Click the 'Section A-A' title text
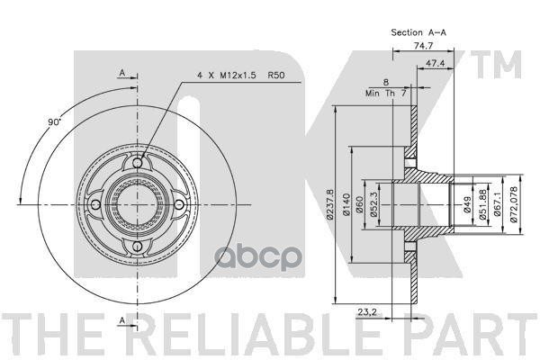(x=418, y=32)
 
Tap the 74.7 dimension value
(x=423, y=46)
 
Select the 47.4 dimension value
(x=436, y=63)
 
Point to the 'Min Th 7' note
(x=386, y=93)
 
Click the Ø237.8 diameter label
(x=330, y=204)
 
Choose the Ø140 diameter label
(x=346, y=204)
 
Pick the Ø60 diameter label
(x=359, y=204)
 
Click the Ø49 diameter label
(x=467, y=204)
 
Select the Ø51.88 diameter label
(x=482, y=204)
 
